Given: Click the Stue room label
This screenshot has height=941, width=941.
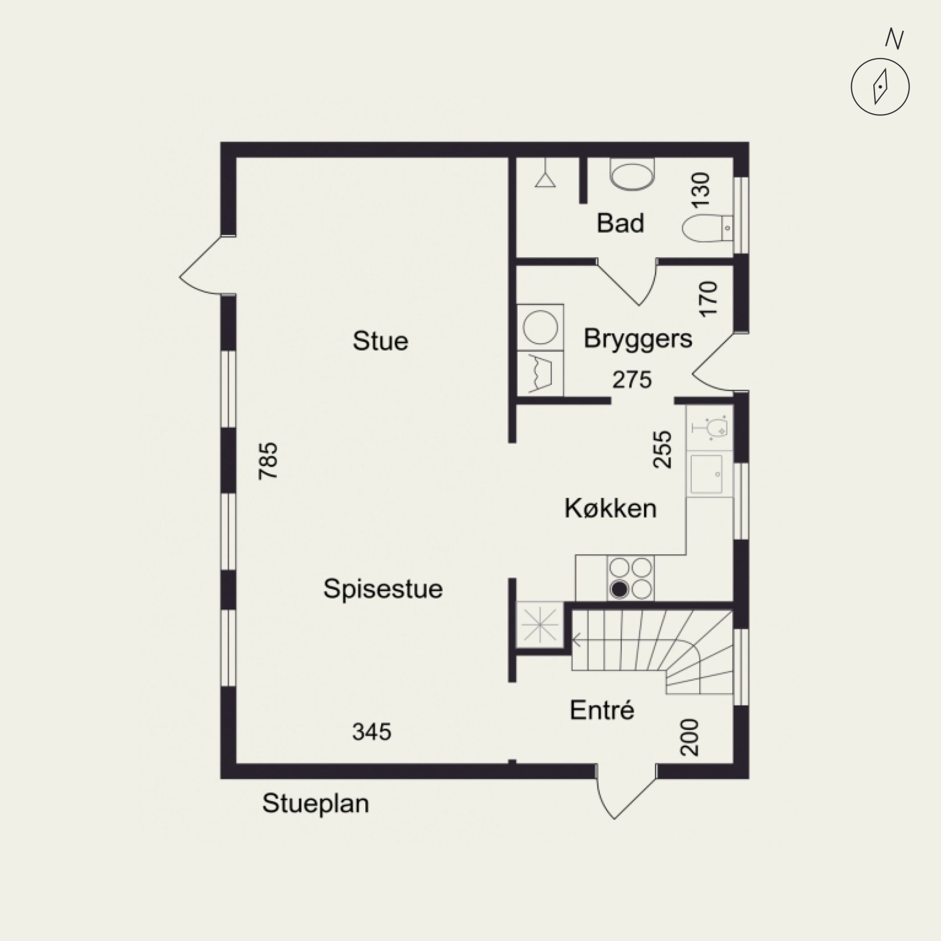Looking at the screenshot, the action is pos(380,341).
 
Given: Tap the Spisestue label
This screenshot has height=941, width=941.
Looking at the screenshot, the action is pos(383,589).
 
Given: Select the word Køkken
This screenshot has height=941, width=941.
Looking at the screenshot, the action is pos(610,508).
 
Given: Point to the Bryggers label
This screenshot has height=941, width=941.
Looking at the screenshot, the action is pos(638,339).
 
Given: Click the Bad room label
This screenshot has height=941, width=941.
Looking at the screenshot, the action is pos(620,223).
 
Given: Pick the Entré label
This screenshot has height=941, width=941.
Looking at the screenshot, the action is pos(602,710).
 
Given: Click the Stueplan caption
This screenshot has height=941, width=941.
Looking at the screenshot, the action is pos(315,804).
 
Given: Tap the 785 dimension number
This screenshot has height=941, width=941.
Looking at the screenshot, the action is pos(268,461).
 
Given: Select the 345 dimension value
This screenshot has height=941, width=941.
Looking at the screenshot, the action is pos(372,732).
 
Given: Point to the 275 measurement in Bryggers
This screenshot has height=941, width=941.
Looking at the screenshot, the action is pos(632,379).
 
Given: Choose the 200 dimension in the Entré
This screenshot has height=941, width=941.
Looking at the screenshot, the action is pos(689,737).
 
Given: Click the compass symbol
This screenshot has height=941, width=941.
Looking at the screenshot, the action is pos(880,87).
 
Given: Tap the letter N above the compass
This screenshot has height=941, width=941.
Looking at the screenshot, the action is pos(894,39).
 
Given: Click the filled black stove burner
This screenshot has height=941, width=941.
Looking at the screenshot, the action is pos(619,590).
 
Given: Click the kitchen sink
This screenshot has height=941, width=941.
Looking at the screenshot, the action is pos(707,473).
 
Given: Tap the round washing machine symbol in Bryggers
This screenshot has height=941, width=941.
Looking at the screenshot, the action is pos(539,328).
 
